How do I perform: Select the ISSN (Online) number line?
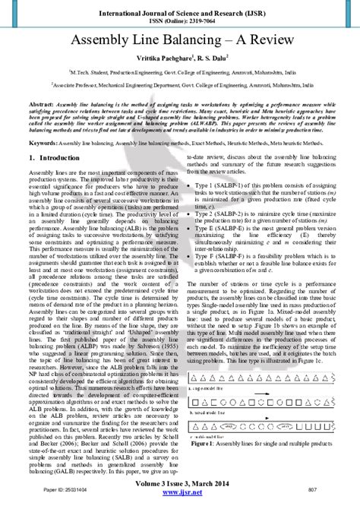click(180, 20)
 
